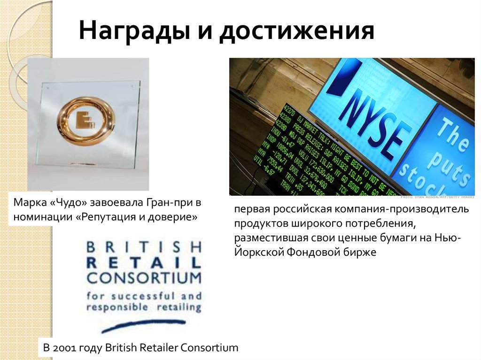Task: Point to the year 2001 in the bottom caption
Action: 63,348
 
